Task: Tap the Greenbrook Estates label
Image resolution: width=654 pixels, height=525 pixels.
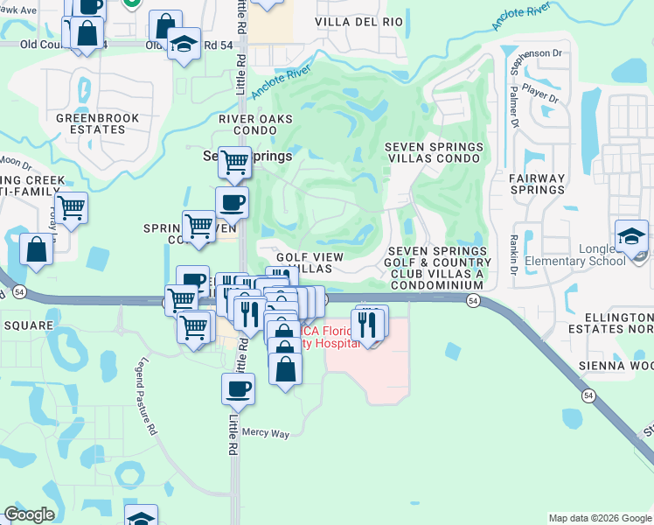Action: (91, 123)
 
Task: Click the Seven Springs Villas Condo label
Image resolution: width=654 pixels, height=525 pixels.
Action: (434, 152)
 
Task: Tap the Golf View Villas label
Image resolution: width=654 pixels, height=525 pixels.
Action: (310, 262)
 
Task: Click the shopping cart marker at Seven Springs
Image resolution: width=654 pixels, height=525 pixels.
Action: (234, 161)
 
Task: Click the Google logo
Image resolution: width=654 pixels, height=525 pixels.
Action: (29, 514)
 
